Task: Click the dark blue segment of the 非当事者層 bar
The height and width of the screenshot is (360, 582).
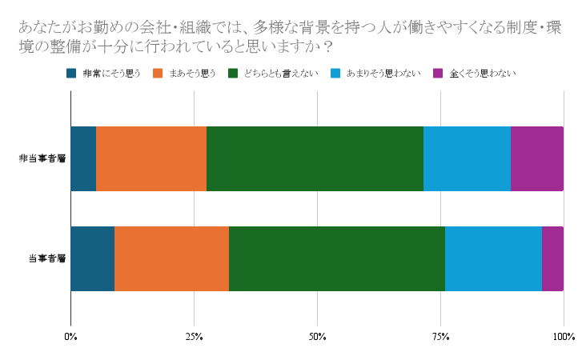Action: (83, 158)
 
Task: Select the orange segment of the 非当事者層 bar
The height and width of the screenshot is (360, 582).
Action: (151, 158)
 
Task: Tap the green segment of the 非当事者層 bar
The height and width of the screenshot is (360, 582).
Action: (315, 158)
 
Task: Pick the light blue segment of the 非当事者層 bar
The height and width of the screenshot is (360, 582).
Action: (467, 158)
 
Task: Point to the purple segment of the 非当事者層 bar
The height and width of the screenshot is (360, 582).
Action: (537, 158)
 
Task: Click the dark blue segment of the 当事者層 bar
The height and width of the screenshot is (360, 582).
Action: (92, 258)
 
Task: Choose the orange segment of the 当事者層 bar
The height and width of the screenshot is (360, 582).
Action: (171, 258)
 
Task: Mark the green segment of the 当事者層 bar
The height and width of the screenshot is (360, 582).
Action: (337, 258)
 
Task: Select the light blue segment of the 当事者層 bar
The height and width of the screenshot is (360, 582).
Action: (493, 258)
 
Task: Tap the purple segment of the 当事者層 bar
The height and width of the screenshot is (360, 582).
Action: (552, 258)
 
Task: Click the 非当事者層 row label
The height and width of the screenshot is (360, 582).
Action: (42, 158)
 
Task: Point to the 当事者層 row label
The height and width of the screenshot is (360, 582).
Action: (46, 258)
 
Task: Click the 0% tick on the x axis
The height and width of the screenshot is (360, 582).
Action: (70, 336)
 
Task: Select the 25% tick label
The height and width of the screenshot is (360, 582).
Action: (194, 336)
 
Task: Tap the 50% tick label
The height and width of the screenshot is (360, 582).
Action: (317, 336)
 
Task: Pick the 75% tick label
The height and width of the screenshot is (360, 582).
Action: (440, 336)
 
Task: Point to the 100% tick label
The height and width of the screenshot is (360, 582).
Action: (563, 336)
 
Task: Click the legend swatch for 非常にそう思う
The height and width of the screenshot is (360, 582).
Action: (71, 74)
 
